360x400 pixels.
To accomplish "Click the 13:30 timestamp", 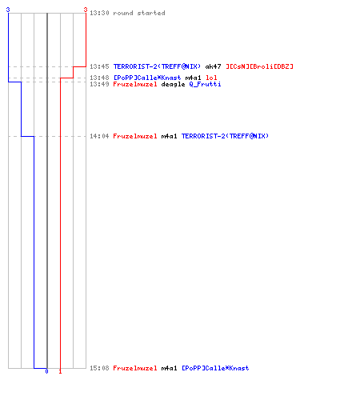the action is (x=99, y=13).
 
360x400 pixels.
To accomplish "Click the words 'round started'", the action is (x=139, y=13).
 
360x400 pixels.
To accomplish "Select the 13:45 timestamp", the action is (x=99, y=66).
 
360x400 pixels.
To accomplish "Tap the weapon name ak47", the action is (x=213, y=66).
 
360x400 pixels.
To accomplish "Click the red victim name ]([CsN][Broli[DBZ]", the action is (x=259, y=66).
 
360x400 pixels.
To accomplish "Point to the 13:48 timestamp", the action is (x=99, y=78).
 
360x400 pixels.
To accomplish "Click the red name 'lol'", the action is (x=211, y=78).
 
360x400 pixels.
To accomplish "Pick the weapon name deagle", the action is (x=173, y=84).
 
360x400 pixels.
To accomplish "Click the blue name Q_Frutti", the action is (x=205, y=84).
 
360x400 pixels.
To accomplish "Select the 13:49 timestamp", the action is (x=99, y=84).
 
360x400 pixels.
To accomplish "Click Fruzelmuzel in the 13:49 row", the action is (x=135, y=84).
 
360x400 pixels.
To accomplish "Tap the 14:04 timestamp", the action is (x=99, y=136).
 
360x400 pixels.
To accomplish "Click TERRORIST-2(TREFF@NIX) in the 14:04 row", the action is (x=225, y=136).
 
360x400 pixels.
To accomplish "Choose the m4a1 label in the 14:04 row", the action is (x=169, y=136).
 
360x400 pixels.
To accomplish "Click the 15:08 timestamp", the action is (x=99, y=368).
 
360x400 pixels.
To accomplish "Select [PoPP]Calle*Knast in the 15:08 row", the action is (x=215, y=368).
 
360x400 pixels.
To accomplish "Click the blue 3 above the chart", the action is (x=8, y=10).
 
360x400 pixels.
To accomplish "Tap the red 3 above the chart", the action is (x=86, y=10).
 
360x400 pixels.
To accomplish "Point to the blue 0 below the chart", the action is (x=46, y=371).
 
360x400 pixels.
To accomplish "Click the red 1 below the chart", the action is (x=60, y=371).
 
